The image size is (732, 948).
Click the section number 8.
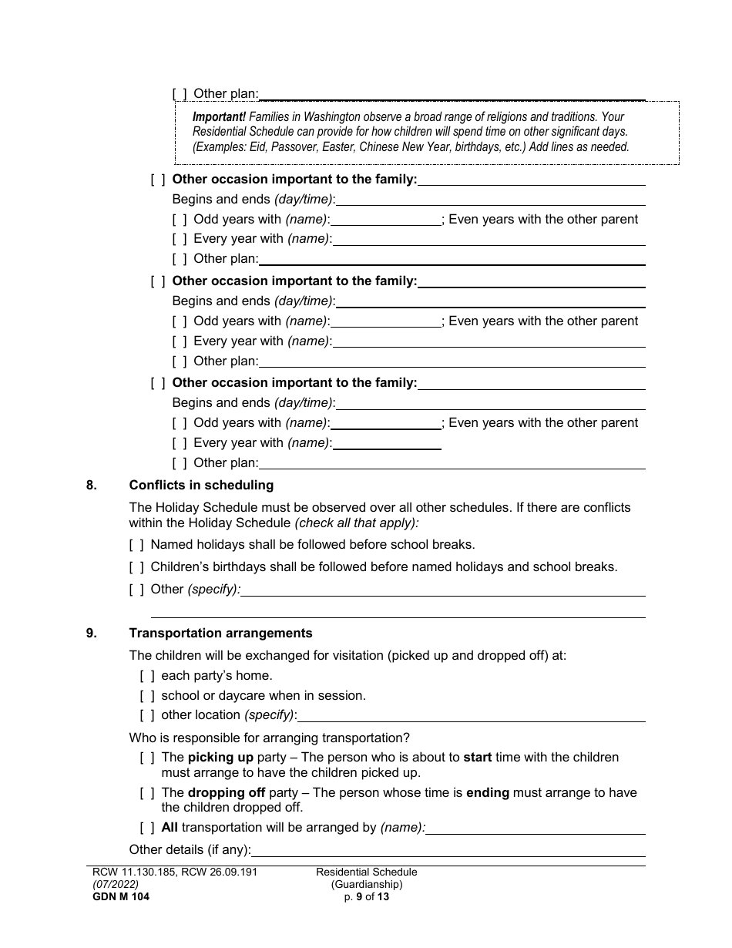(92, 486)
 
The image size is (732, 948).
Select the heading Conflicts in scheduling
(201, 486)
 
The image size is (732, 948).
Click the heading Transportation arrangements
(220, 634)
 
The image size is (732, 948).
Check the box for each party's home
(147, 677)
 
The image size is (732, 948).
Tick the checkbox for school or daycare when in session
(147, 696)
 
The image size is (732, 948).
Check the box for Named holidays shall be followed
(136, 545)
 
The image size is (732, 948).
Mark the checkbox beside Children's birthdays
(136, 567)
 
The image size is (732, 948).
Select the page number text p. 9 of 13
(366, 896)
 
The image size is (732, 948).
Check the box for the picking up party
(147, 758)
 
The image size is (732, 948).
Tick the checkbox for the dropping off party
(147, 793)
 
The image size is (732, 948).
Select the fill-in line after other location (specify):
(472, 716)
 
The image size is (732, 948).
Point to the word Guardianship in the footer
(367, 885)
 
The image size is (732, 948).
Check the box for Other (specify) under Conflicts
(136, 590)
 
